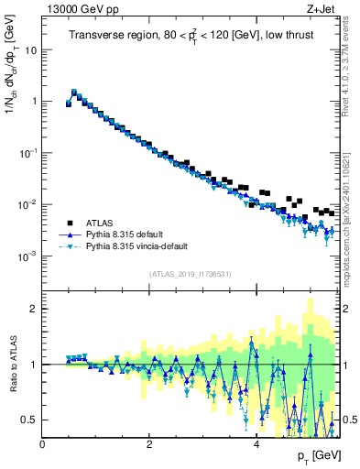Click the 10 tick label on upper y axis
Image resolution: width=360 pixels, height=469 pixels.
click(31, 50)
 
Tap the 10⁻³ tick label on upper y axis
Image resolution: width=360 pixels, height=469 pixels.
click(27, 256)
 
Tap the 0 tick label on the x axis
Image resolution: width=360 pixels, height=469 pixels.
click(42, 444)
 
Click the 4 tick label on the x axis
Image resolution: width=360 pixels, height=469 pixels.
click(256, 444)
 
